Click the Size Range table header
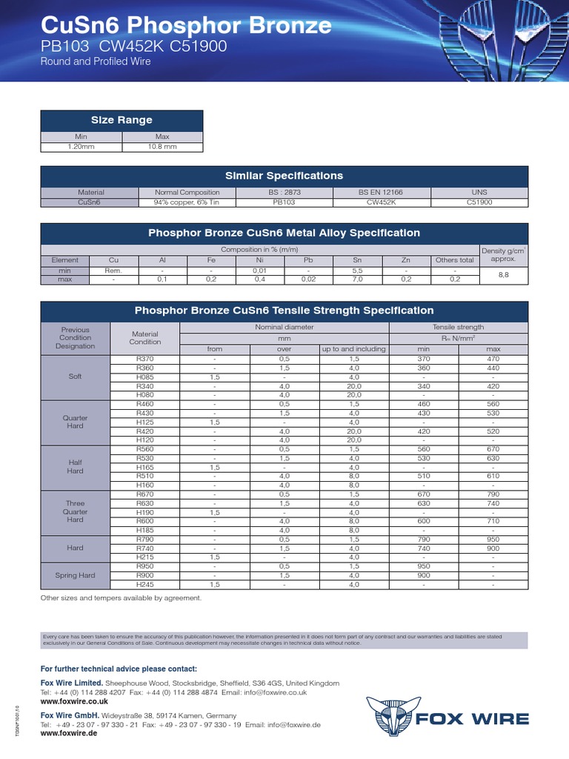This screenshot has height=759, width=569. coord(122,120)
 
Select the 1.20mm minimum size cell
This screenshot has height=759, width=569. coord(81,147)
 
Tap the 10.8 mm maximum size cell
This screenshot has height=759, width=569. coord(162,147)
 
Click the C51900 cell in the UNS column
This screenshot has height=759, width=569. coord(480,202)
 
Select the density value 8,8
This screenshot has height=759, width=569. coord(504,275)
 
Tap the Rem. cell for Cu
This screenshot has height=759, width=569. coord(113,271)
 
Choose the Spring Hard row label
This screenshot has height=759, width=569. coord(76,575)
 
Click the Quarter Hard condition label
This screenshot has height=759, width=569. coord(76,422)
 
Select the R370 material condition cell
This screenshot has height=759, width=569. coord(145,359)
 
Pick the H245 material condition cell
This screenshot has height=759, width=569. coord(145,585)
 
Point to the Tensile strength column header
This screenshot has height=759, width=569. coord(458,327)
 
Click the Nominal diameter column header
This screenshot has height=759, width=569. coord(284,327)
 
